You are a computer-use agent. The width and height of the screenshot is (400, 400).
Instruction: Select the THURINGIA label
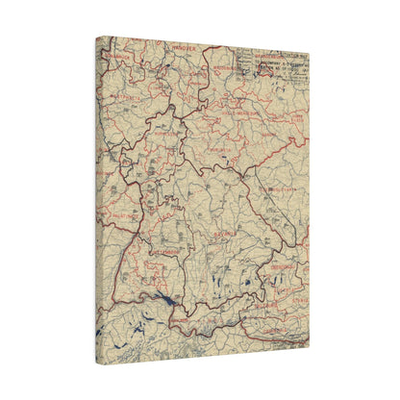[223, 151]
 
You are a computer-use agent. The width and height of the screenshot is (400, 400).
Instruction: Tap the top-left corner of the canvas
[96, 37]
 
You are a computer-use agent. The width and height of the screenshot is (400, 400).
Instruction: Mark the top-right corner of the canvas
[310, 50]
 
